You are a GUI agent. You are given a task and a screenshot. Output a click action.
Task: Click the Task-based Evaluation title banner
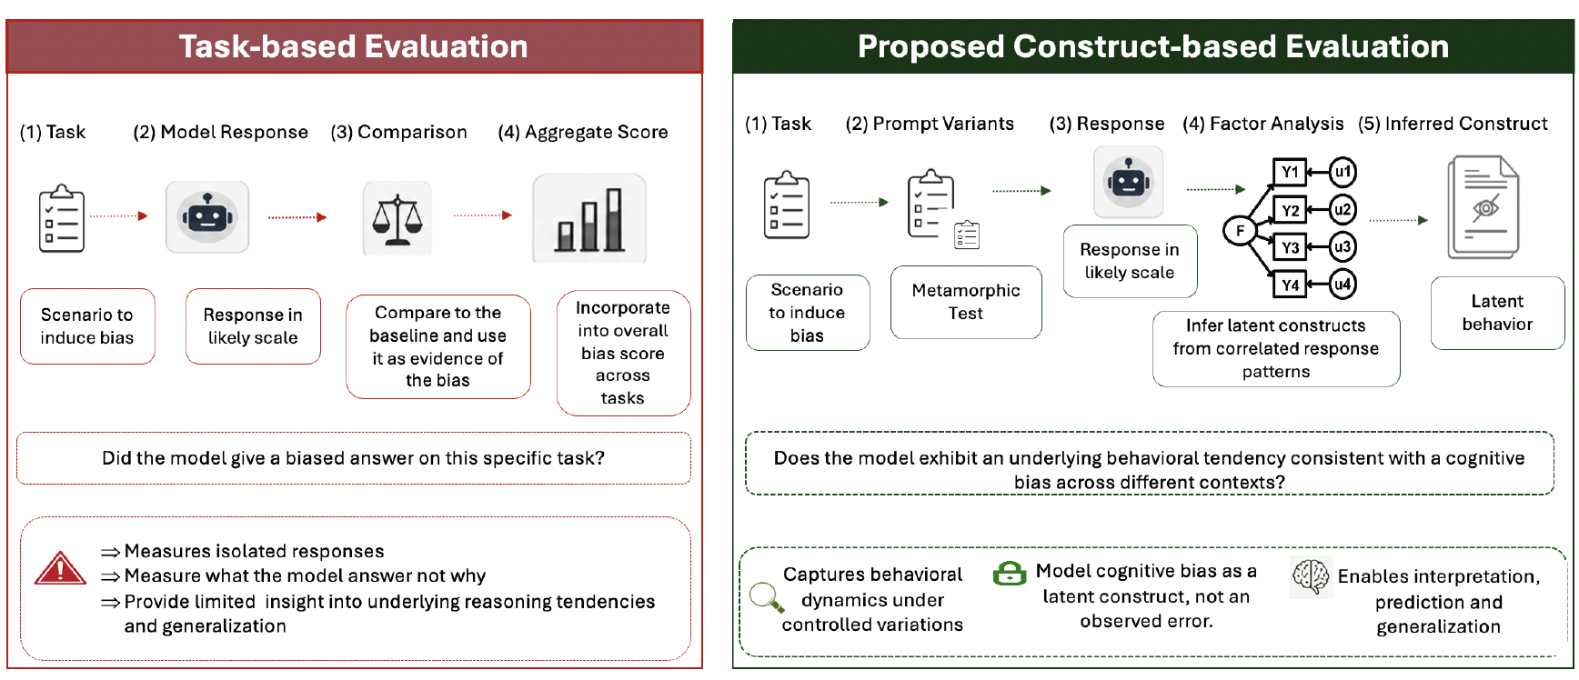(x=354, y=46)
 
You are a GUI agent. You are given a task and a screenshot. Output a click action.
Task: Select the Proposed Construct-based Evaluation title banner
(x=1153, y=46)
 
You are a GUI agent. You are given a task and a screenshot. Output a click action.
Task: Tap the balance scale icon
(x=397, y=219)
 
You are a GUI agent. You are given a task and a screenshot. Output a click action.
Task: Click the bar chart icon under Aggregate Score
(x=589, y=219)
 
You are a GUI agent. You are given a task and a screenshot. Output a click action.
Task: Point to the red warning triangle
(x=60, y=568)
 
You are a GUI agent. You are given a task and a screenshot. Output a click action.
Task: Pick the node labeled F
(x=1239, y=231)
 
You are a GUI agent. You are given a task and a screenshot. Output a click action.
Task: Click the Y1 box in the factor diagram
(x=1290, y=172)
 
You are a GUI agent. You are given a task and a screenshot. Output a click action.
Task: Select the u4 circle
(x=1343, y=285)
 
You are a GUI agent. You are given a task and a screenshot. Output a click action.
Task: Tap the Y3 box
(x=1290, y=247)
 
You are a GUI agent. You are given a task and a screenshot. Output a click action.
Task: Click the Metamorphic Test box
(x=966, y=302)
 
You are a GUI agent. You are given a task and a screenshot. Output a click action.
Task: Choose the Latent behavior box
(x=1497, y=313)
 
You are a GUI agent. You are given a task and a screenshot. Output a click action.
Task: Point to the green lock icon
(x=1009, y=573)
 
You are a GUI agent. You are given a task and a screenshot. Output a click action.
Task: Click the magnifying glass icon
(x=767, y=597)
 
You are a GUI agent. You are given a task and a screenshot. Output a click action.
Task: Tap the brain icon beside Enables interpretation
(x=1311, y=576)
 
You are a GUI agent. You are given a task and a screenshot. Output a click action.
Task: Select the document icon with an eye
(x=1483, y=207)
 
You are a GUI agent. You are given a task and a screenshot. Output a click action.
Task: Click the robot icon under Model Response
(x=207, y=216)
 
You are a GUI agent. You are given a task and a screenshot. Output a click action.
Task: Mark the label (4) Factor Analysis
(x=1262, y=124)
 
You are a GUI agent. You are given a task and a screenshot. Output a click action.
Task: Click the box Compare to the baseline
(x=438, y=346)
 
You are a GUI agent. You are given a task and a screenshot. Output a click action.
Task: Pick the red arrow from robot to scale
(x=297, y=217)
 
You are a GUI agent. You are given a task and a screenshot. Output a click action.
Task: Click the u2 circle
(x=1343, y=210)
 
